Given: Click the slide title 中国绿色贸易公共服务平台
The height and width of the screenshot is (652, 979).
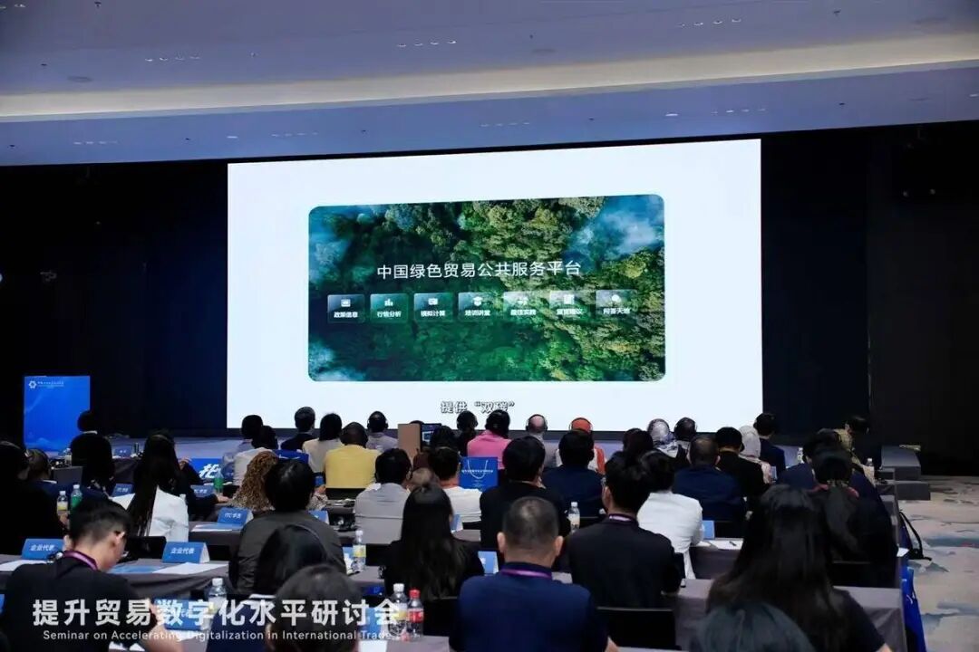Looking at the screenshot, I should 479,270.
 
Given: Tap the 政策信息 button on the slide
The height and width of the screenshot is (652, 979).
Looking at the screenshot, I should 345,308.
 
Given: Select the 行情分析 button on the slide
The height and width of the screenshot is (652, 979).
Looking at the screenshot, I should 389,308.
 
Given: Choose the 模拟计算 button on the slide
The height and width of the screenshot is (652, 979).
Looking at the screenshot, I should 433,307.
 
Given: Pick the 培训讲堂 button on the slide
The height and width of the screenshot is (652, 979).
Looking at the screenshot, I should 477,307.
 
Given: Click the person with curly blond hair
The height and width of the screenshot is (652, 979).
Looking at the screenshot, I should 257,480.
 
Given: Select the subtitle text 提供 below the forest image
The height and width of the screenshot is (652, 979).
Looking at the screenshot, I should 453,407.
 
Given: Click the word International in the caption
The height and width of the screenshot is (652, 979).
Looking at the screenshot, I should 331,633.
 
